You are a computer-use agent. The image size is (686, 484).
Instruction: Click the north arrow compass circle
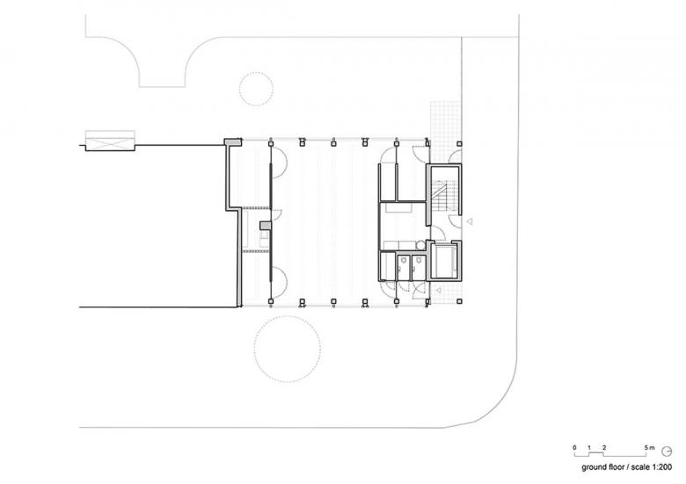pyautogui.click(x=668, y=451)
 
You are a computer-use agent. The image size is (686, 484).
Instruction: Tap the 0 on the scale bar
pyautogui.click(x=574, y=448)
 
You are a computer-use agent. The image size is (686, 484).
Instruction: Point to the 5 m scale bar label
pyautogui.click(x=650, y=448)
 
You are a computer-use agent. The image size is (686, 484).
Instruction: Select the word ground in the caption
pyautogui.click(x=594, y=467)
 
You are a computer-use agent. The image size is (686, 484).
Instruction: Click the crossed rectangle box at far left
pyautogui.click(x=110, y=141)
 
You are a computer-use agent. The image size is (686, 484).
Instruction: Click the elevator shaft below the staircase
pyautogui.click(x=444, y=261)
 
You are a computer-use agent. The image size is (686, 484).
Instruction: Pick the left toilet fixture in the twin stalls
pyautogui.click(x=403, y=260)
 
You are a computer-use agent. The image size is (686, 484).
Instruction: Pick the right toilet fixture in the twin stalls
pyautogui.click(x=419, y=260)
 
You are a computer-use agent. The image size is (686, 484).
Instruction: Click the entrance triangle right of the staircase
pyautogui.click(x=470, y=221)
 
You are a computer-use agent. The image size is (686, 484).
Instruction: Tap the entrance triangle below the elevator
pyautogui.click(x=438, y=290)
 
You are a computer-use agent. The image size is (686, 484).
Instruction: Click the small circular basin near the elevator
pyautogui.click(x=421, y=245)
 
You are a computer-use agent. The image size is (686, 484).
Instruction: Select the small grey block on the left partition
pyautogui.click(x=265, y=226)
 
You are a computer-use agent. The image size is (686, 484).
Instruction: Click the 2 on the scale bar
pyautogui.click(x=604, y=448)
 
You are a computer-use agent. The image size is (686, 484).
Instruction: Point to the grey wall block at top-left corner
pyautogui.click(x=234, y=141)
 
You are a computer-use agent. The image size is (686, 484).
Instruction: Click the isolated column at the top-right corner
pyautogui.click(x=459, y=143)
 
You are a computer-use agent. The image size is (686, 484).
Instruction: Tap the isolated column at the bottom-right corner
pyautogui.click(x=460, y=300)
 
